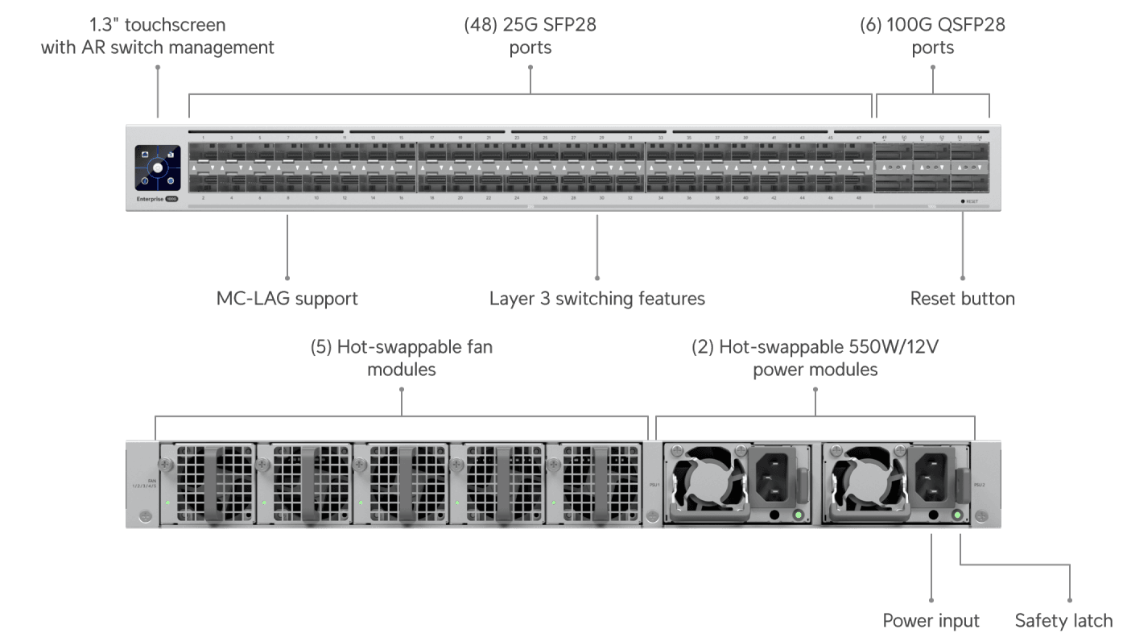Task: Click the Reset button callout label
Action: tap(962, 299)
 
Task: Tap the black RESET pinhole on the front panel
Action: tap(963, 201)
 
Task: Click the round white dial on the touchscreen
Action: tap(158, 169)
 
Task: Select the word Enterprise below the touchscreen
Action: tap(149, 197)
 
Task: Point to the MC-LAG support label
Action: tap(287, 299)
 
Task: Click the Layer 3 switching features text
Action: tap(597, 299)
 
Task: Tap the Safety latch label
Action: tap(1063, 620)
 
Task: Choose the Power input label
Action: tap(931, 620)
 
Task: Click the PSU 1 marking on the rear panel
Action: tap(654, 485)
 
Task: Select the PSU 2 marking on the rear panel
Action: tap(979, 485)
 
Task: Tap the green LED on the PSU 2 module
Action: tap(958, 515)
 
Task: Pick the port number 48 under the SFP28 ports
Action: tap(859, 197)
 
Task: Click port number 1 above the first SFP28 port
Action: tap(203, 138)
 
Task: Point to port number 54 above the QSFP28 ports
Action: tap(979, 138)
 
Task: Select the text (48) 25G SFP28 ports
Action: tap(530, 36)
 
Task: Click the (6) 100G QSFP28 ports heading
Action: tap(932, 36)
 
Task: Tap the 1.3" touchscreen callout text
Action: tap(158, 36)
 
